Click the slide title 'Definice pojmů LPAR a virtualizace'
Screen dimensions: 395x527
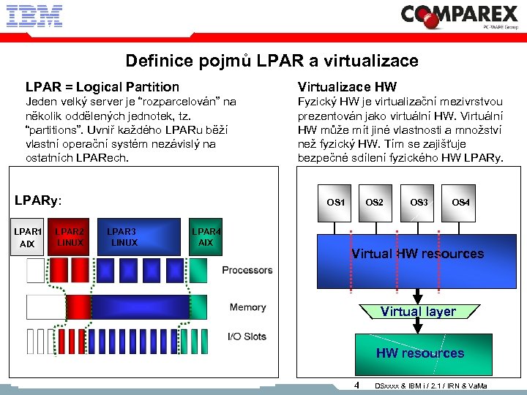[272, 61]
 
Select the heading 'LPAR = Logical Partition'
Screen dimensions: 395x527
[102, 87]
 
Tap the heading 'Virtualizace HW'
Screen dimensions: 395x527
[347, 87]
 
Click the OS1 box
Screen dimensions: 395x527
[336, 201]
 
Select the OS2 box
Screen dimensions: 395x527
[374, 201]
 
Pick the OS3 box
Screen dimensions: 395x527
[419, 201]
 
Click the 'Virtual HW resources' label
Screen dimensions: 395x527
[417, 254]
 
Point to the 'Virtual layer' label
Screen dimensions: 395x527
[418, 312]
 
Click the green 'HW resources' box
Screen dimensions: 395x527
[419, 353]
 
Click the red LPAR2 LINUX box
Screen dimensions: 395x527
[70, 237]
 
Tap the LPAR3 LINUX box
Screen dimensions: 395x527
[123, 237]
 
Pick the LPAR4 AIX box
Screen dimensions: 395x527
[206, 237]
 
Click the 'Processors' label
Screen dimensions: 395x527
[247, 271]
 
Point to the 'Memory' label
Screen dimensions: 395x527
[247, 308]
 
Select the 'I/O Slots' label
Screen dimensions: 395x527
[247, 337]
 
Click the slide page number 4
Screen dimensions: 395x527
[356, 385]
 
